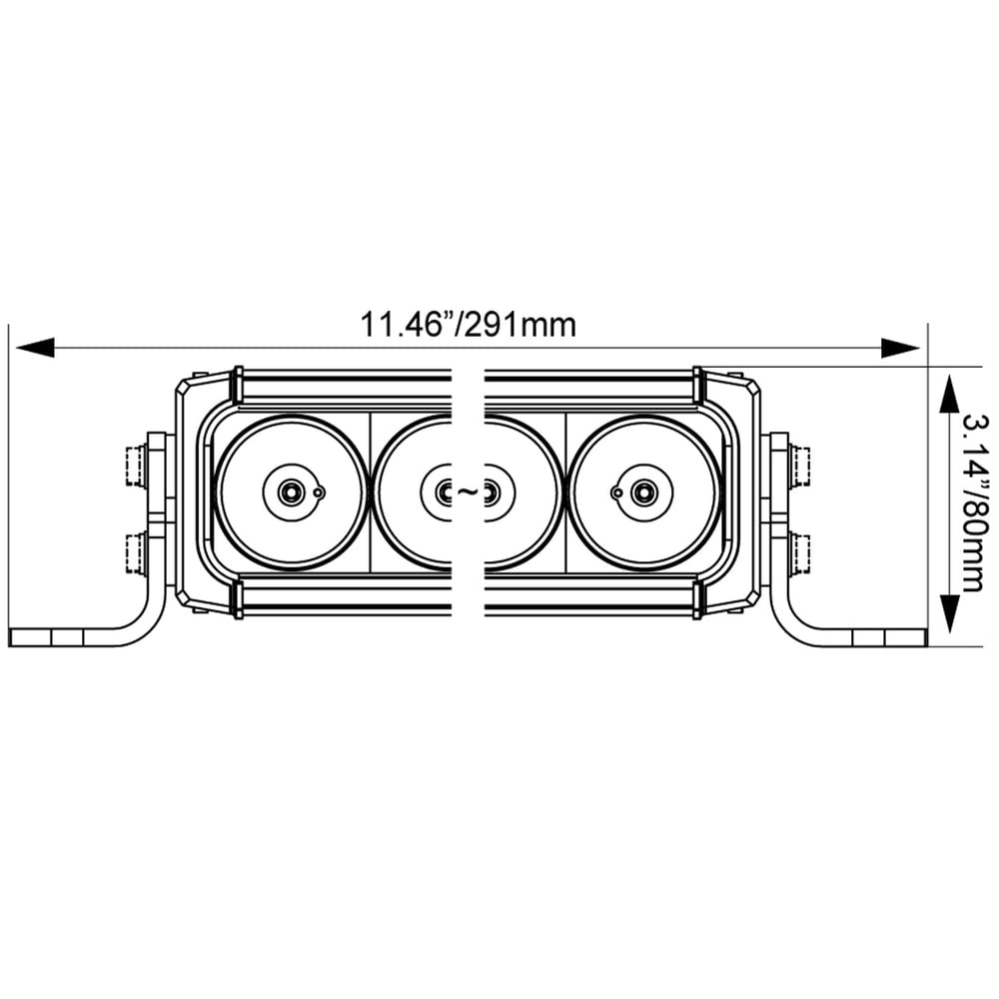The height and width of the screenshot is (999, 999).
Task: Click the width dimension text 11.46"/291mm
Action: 468,325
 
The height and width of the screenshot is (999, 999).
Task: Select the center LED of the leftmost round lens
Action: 291,492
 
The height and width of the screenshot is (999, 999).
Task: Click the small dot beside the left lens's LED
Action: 318,492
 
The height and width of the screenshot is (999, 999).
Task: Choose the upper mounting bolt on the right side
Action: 799,466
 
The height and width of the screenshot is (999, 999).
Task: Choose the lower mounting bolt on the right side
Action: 799,554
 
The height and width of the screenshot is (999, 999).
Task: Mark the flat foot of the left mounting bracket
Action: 60,637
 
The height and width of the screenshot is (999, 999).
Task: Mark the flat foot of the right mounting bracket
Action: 879,637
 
